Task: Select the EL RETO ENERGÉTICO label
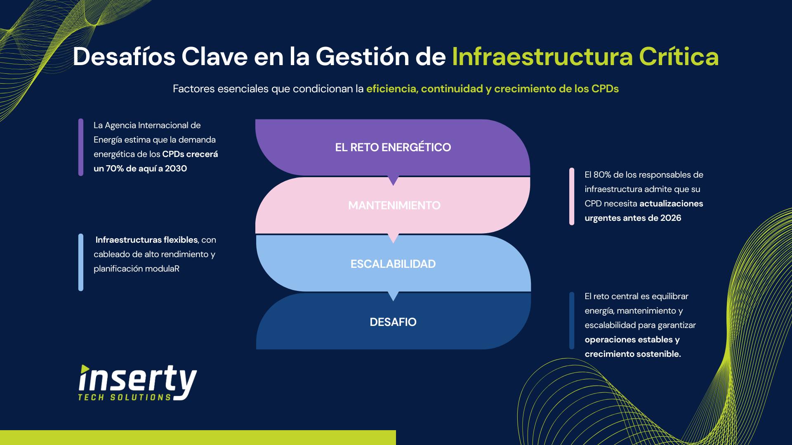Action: [x=393, y=147]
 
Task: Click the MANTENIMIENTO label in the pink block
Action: [x=394, y=205]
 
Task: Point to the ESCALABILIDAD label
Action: [x=393, y=264]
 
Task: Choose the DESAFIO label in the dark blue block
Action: [x=393, y=322]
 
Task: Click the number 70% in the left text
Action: [x=115, y=169]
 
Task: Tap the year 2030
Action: [x=176, y=169]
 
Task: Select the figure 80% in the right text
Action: [x=602, y=175]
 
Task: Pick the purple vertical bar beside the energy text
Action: [x=81, y=147]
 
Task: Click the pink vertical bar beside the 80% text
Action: [x=572, y=196]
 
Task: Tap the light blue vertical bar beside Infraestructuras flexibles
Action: [x=81, y=262]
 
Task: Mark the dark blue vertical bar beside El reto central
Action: [x=572, y=321]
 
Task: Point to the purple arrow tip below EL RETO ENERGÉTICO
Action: [x=394, y=185]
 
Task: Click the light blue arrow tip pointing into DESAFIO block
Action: [x=394, y=300]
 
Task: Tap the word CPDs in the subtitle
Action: [x=605, y=89]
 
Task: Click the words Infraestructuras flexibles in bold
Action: [x=146, y=240]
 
